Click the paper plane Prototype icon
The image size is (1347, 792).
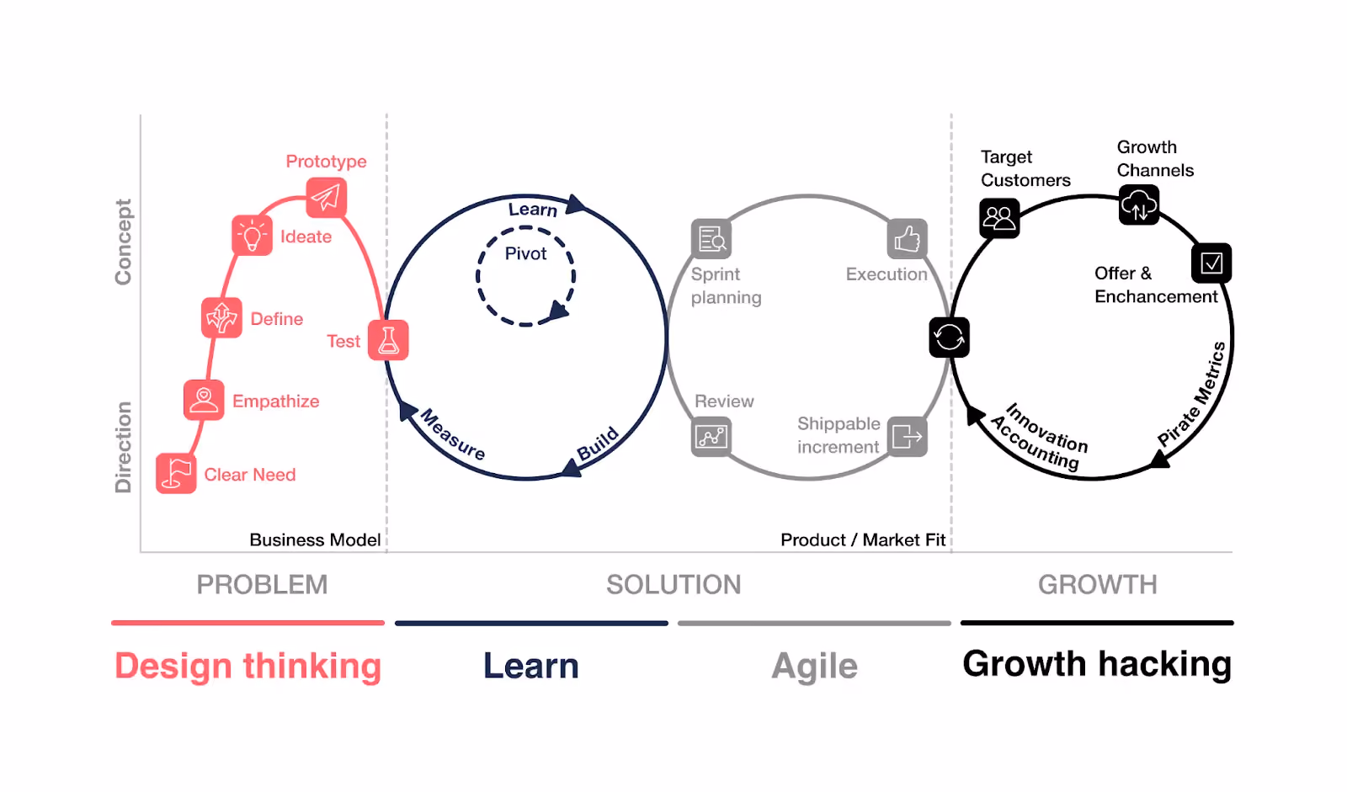[x=326, y=197]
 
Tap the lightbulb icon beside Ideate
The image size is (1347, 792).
[x=252, y=235]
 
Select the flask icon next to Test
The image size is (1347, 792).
[x=388, y=340]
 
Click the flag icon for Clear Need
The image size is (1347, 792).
[x=176, y=473]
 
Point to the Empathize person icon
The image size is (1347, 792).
[x=204, y=399]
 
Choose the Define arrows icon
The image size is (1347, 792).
[x=222, y=317]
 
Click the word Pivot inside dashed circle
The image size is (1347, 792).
[x=525, y=254]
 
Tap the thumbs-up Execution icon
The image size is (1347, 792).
[x=907, y=239]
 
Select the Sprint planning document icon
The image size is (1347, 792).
[x=711, y=239]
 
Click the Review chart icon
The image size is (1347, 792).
[x=711, y=437]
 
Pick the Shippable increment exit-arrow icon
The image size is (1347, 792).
[x=907, y=437]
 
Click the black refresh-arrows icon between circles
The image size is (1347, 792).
[x=949, y=338]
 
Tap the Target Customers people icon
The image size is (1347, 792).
[x=999, y=218]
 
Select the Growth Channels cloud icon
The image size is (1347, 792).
[x=1139, y=205]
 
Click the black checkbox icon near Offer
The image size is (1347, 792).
[x=1211, y=263]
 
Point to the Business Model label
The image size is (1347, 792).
[x=315, y=540]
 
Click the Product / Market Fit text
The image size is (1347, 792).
[x=863, y=540]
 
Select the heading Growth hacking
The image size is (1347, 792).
[x=1097, y=665]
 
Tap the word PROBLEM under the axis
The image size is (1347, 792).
[x=262, y=584]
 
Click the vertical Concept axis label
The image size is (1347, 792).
[x=123, y=242]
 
